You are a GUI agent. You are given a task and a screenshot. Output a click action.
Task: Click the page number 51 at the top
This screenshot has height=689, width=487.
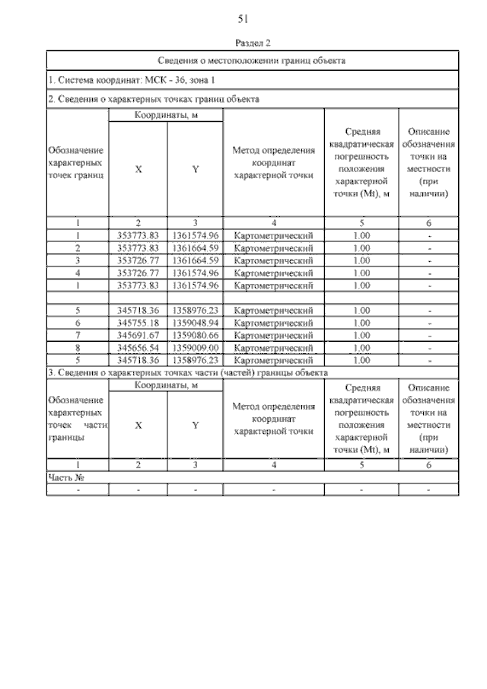coord(243,18)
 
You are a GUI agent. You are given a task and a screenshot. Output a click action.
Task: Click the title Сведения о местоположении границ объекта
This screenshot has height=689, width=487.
coord(253,60)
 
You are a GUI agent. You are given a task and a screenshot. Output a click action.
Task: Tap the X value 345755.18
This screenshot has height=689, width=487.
coord(138,323)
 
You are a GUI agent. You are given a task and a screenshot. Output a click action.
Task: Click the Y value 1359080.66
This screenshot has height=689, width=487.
coord(196,335)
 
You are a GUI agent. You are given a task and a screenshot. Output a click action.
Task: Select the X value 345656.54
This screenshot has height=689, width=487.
coord(138,347)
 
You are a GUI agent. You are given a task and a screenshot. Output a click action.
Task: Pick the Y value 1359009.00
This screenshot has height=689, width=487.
coord(196,347)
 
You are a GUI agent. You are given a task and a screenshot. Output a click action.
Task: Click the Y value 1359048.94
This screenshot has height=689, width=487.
coord(196,323)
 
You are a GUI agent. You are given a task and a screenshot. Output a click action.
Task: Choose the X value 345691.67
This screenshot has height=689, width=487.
coord(138,335)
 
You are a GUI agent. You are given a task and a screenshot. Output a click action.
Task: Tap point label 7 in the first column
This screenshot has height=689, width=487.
coord(78,335)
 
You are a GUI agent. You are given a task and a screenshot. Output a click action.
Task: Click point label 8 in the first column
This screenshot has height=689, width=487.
coord(78,347)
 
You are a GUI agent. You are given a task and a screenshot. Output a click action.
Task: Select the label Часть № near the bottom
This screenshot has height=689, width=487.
coord(65,477)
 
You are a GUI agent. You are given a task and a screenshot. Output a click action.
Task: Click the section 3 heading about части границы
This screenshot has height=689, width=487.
coord(188,373)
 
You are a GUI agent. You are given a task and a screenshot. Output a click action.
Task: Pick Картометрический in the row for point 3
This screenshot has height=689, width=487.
coord(273,260)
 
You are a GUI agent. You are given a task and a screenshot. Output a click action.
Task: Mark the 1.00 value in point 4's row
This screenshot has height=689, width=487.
coord(362,273)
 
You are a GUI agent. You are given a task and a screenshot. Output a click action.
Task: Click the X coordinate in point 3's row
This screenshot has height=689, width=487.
coord(138,260)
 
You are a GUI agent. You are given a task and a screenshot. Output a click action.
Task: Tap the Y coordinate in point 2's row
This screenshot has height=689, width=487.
coord(196,248)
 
